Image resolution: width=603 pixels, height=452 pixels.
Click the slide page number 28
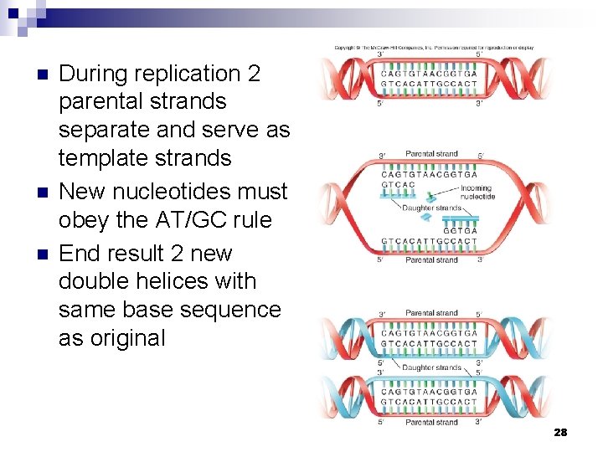(560, 432)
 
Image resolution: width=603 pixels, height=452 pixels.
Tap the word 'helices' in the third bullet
(182, 281)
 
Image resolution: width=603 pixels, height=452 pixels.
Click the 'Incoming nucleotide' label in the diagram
(477, 193)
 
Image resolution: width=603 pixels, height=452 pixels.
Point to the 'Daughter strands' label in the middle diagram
(431, 208)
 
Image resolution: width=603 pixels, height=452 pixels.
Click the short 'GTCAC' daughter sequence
(399, 184)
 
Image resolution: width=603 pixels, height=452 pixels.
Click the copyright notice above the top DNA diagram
(434, 48)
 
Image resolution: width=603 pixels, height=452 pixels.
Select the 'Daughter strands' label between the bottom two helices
(431, 367)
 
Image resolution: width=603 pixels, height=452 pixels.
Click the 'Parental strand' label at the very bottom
(431, 423)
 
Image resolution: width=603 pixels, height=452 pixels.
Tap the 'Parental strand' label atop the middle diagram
(431, 154)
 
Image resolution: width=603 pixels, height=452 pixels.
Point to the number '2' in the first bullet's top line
(255, 74)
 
